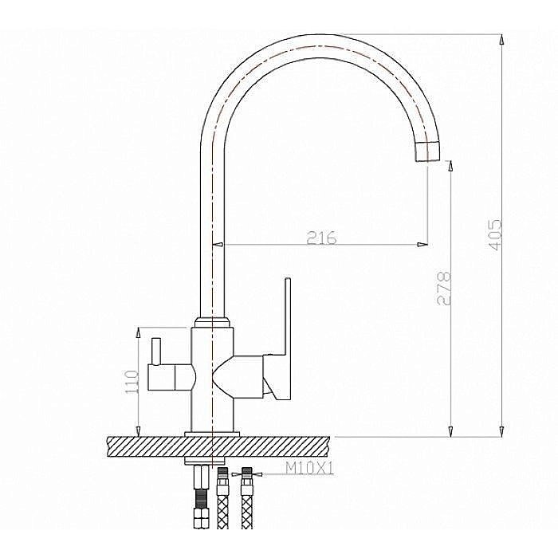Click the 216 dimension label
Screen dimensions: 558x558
tap(321, 238)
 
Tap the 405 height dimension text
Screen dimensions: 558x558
tap(495, 235)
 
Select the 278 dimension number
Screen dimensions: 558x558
tap(444, 289)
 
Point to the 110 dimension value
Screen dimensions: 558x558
tap(132, 382)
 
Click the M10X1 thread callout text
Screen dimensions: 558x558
tap(310, 469)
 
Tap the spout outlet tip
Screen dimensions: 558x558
tap(427, 151)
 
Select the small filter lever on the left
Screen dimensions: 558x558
tap(156, 352)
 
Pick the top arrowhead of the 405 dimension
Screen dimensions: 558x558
tap(501, 40)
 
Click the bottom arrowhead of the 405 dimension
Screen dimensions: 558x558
tap(501, 431)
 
